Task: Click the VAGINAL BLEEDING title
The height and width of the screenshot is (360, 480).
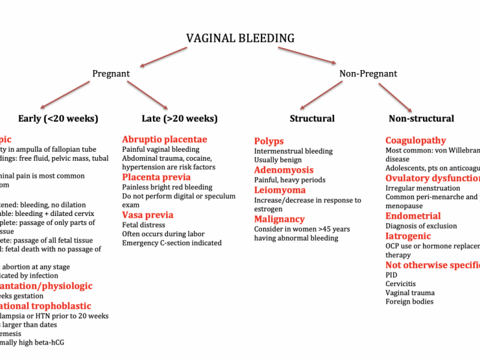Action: coord(240,38)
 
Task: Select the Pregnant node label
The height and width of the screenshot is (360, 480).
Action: coord(111,74)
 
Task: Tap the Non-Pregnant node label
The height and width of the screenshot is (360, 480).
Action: coord(368,74)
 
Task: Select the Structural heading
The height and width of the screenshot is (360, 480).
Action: coord(312,118)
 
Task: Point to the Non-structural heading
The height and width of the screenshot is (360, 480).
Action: coord(421,118)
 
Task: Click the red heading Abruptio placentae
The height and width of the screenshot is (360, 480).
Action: coord(164,139)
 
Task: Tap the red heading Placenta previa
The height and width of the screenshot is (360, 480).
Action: coord(157,177)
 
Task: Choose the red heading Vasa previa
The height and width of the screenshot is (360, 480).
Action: coord(148,215)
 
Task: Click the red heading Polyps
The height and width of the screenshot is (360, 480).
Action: coord(269,141)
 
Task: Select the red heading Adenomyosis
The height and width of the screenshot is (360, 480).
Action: coord(284,170)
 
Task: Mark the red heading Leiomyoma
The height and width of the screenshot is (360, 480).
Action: coord(280,190)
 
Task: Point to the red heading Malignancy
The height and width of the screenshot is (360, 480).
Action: coord(280,219)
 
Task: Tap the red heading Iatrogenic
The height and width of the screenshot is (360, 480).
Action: coord(409,236)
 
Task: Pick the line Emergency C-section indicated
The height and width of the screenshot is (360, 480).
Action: coord(172,243)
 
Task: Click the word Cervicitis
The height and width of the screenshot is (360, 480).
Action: coord(401,284)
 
